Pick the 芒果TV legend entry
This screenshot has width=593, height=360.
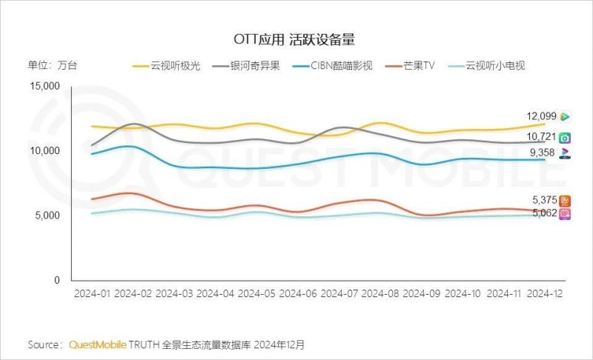pyautogui.click(x=420, y=66)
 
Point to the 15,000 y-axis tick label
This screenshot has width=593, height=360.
pyautogui.click(x=44, y=86)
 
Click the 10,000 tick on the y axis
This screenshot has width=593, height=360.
pyautogui.click(x=44, y=151)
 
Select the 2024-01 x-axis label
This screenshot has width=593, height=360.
pyautogui.click(x=93, y=294)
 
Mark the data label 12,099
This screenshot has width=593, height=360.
pyautogui.click(x=541, y=116)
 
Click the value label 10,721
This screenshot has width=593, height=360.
pyautogui.click(x=541, y=137)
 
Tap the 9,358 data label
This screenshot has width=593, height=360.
pyautogui.click(x=542, y=153)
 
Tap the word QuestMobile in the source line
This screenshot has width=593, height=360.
pyautogui.click(x=98, y=344)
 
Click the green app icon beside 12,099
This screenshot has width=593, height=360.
pyautogui.click(x=565, y=116)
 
